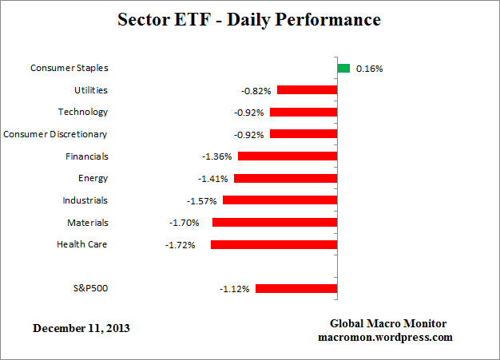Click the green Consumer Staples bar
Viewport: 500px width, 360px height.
pyautogui.click(x=343, y=69)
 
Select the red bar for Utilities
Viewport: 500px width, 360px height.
pyautogui.click(x=307, y=90)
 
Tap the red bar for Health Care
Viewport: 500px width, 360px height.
pyautogui.click(x=274, y=244)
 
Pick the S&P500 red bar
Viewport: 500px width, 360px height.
pyautogui.click(x=296, y=288)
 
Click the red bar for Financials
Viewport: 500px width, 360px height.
pyautogui.click(x=288, y=156)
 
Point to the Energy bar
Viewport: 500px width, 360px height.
pyautogui.click(x=285, y=178)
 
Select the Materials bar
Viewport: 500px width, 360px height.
pyautogui.click(x=275, y=223)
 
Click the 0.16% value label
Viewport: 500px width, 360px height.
pyautogui.click(x=369, y=69)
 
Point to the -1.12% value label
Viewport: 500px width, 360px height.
pyautogui.click(x=235, y=288)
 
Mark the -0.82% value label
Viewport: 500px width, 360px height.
pyautogui.click(x=257, y=90)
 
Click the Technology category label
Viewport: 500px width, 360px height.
pyautogui.click(x=82, y=112)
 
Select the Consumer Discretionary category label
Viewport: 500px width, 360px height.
pyautogui.click(x=55, y=134)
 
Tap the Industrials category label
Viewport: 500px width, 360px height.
pyautogui.click(x=85, y=200)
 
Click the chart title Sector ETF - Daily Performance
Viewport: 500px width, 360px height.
pyautogui.click(x=249, y=18)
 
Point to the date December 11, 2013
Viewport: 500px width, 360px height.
pyautogui.click(x=81, y=328)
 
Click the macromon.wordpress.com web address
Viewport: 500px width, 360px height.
pyautogui.click(x=388, y=337)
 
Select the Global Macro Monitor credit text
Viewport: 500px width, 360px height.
pyautogui.click(x=388, y=323)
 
